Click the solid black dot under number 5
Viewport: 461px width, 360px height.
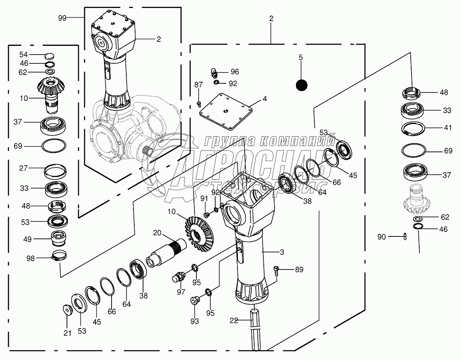coord(302,85)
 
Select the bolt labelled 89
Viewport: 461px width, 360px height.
coord(277,270)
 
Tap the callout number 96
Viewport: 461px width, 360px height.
coord(235,72)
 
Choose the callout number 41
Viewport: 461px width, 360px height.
coord(448,128)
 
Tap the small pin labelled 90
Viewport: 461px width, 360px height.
coord(405,237)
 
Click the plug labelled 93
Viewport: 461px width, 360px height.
coord(195,299)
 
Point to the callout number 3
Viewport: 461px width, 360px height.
coord(281,252)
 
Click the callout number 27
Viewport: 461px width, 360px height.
coord(24,168)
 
